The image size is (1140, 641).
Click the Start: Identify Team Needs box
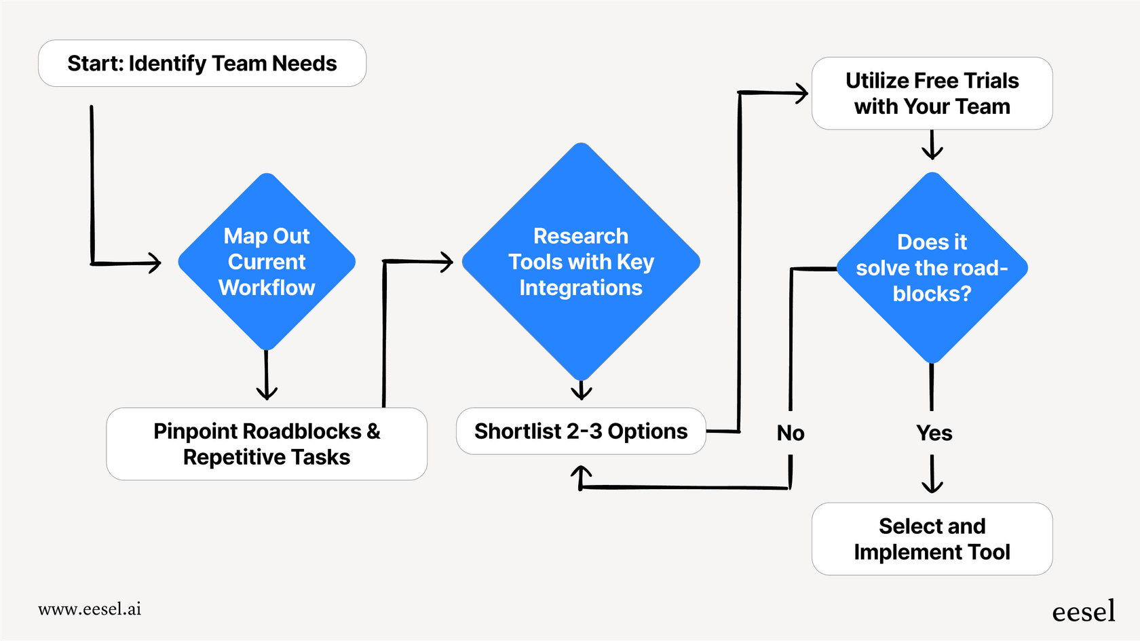202,63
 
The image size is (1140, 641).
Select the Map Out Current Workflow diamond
267,262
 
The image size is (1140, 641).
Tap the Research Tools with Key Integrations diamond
581,262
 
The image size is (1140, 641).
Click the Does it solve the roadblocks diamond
932,268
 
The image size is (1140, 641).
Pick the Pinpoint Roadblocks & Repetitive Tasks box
267,444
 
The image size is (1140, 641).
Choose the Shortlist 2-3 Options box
581,431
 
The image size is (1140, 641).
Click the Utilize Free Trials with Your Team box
932,94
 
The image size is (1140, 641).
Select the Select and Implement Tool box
932,539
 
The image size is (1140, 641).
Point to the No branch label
791,433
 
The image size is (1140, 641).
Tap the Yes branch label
934,433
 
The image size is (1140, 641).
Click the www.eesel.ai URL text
90,609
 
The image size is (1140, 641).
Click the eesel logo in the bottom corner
1083,611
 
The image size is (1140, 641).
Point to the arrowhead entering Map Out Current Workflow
155,263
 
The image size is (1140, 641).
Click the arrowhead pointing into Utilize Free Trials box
802,93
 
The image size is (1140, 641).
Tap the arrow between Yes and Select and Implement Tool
932,475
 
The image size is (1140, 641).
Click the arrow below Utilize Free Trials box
932,146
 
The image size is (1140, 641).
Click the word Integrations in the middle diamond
581,288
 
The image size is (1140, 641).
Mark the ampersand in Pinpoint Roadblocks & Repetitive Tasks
373,431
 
